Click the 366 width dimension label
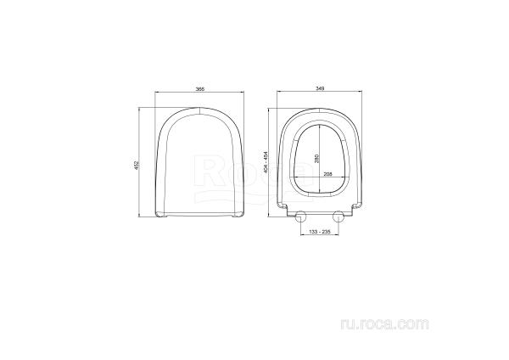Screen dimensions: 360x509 pos(199,88)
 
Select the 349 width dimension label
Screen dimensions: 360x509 pos(320,88)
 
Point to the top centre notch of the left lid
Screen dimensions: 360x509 pos(199,110)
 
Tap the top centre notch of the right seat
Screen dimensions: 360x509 pos(321,110)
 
